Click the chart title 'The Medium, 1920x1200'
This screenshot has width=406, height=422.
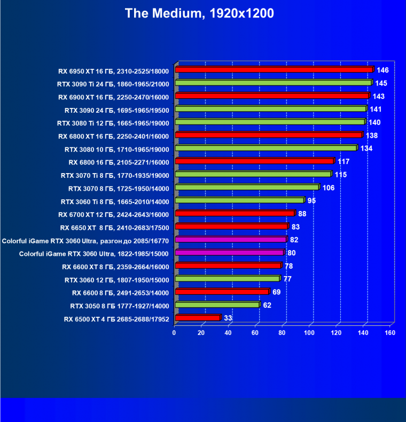[x=199, y=13]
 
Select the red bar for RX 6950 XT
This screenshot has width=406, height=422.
[x=274, y=70]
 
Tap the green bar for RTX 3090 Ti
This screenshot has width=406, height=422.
[x=272, y=83]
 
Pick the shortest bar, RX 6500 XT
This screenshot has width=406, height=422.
[x=197, y=318]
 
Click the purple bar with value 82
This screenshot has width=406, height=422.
[x=230, y=240]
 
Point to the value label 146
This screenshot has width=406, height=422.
[x=382, y=70]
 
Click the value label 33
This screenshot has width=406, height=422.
[x=228, y=318]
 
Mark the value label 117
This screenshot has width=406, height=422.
[x=343, y=161]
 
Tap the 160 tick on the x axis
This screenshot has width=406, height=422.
[x=389, y=333]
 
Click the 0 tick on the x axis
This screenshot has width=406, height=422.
[x=174, y=333]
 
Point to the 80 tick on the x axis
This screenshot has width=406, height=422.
[x=282, y=333]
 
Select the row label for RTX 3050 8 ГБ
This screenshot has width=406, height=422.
[x=120, y=306]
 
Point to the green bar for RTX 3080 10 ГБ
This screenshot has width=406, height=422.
[x=265, y=149]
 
